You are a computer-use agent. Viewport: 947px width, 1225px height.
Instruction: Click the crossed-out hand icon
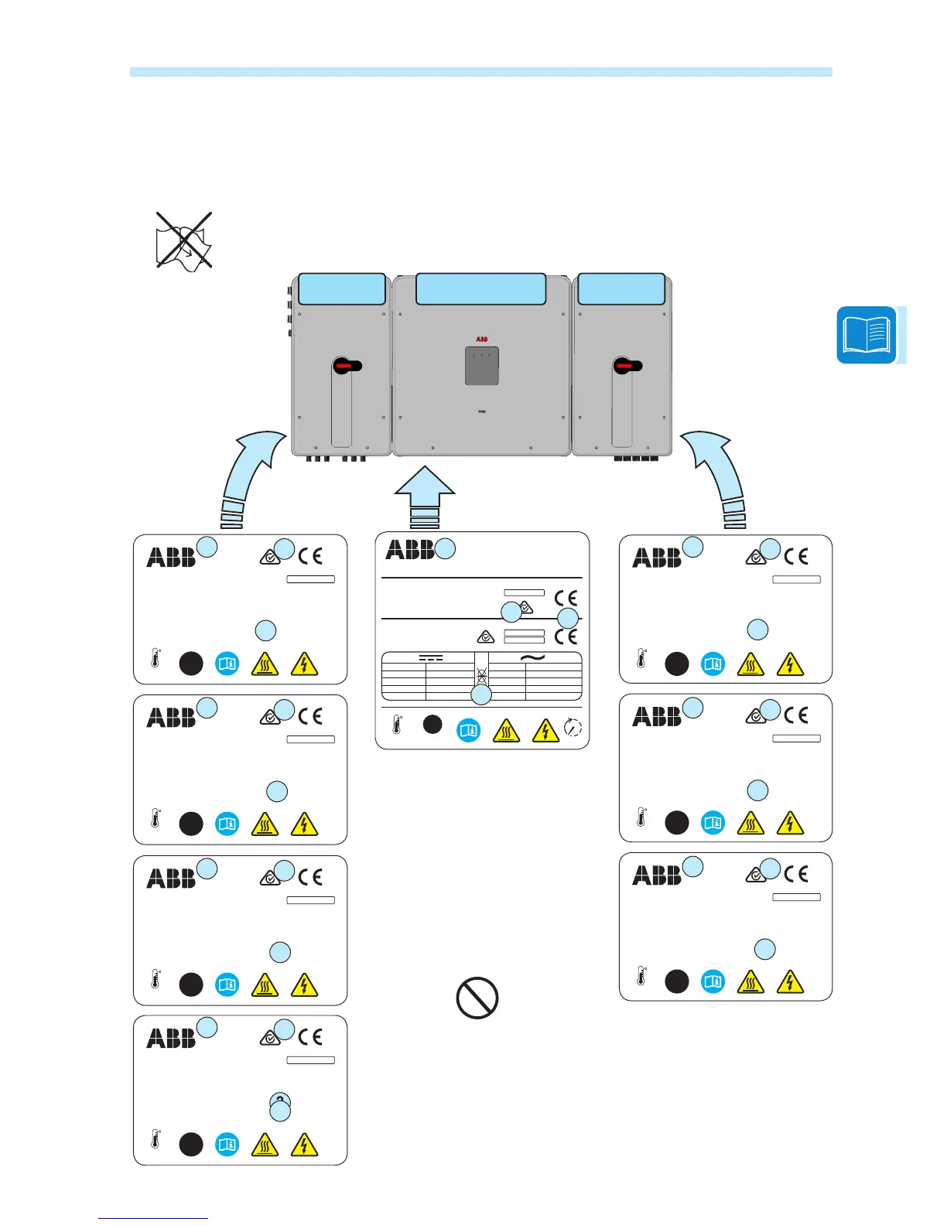(184, 240)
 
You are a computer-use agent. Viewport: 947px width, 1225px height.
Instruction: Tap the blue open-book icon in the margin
(867, 335)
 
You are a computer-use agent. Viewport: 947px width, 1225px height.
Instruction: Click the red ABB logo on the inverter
(481, 340)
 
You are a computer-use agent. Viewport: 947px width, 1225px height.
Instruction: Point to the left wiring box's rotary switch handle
(347, 366)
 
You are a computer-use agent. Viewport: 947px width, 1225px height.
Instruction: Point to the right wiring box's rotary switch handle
(627, 366)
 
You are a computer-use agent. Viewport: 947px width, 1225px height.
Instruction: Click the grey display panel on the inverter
(481, 366)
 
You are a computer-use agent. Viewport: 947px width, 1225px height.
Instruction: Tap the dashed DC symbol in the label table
(431, 658)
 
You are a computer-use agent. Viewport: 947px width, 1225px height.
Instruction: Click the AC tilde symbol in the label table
(534, 657)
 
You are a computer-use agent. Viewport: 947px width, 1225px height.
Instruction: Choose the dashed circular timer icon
(573, 728)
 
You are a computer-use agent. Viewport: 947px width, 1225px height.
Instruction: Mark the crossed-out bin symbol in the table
(482, 675)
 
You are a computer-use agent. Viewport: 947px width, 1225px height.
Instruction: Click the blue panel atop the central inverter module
(480, 288)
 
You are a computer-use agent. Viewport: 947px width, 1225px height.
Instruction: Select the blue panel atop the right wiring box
(621, 288)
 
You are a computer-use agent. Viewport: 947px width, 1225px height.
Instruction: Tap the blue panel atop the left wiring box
(341, 288)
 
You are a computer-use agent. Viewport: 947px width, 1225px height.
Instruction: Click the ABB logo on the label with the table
(410, 550)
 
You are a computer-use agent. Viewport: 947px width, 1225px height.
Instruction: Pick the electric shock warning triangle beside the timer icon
(545, 729)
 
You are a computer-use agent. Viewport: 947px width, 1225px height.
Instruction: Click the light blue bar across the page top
(480, 72)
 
